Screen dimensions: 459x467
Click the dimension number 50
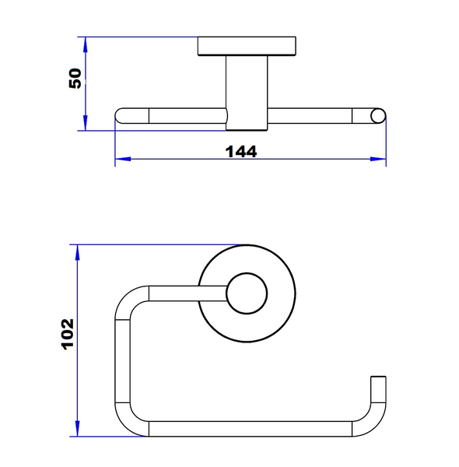(x=75, y=79)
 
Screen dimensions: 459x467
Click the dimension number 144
(x=241, y=152)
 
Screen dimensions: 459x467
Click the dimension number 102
(x=67, y=334)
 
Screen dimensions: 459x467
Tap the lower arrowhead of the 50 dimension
(x=86, y=123)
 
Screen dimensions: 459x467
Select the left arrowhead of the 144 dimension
(x=123, y=159)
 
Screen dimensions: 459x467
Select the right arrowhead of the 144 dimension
(x=378, y=159)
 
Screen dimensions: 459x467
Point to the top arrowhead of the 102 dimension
(x=77, y=252)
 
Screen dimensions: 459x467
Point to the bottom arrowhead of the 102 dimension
(x=77, y=429)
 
